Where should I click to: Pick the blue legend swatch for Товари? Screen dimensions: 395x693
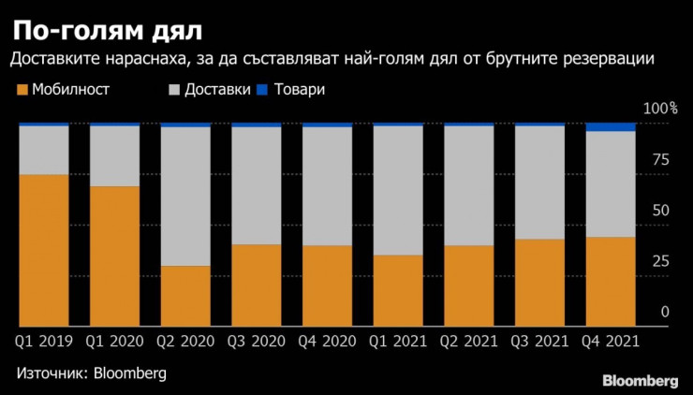tap(262, 90)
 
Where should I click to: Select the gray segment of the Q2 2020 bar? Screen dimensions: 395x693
tap(185, 197)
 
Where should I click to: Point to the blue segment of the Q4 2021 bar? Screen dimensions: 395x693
tap(611, 127)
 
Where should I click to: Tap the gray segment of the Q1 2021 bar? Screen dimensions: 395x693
tap(398, 190)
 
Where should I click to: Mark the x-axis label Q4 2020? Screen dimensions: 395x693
tap(327, 342)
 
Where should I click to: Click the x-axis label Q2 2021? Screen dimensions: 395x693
tap(468, 342)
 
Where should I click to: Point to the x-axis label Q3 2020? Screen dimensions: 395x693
tap(257, 342)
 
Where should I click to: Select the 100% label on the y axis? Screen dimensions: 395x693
tap(660, 110)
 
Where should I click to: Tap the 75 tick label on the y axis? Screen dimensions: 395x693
tap(661, 160)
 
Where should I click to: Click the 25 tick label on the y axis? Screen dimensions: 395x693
tap(661, 261)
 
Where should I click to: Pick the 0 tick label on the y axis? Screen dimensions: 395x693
tap(665, 312)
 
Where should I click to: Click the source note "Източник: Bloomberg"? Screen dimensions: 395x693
tap(91, 373)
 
